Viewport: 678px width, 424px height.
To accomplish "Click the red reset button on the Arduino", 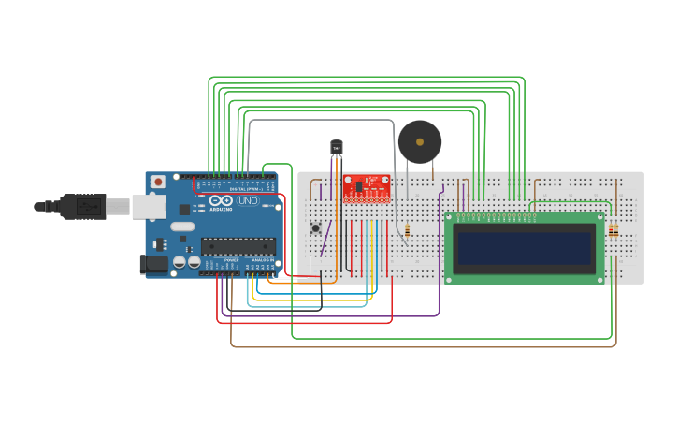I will point(159,181).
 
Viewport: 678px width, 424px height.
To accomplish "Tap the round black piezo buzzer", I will point(419,142).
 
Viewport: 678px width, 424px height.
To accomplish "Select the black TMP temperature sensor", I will point(337,147).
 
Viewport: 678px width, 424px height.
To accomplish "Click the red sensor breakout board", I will point(367,187).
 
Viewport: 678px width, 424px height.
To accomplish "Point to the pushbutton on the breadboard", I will point(316,227).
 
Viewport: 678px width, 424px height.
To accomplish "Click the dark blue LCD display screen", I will point(524,249).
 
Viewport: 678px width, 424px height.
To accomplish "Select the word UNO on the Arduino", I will point(248,200).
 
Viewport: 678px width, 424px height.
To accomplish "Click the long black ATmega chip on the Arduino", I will point(238,246).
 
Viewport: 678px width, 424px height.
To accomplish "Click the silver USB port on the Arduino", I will point(148,206).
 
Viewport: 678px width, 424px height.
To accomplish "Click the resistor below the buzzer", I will point(407,229).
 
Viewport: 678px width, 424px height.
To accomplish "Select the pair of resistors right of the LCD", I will point(613,230).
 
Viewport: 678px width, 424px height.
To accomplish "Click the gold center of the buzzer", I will point(420,142).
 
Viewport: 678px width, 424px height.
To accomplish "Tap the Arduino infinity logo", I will point(223,200).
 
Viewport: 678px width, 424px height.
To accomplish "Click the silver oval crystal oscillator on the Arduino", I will point(182,227).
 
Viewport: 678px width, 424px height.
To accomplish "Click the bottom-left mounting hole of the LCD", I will point(451,278).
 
